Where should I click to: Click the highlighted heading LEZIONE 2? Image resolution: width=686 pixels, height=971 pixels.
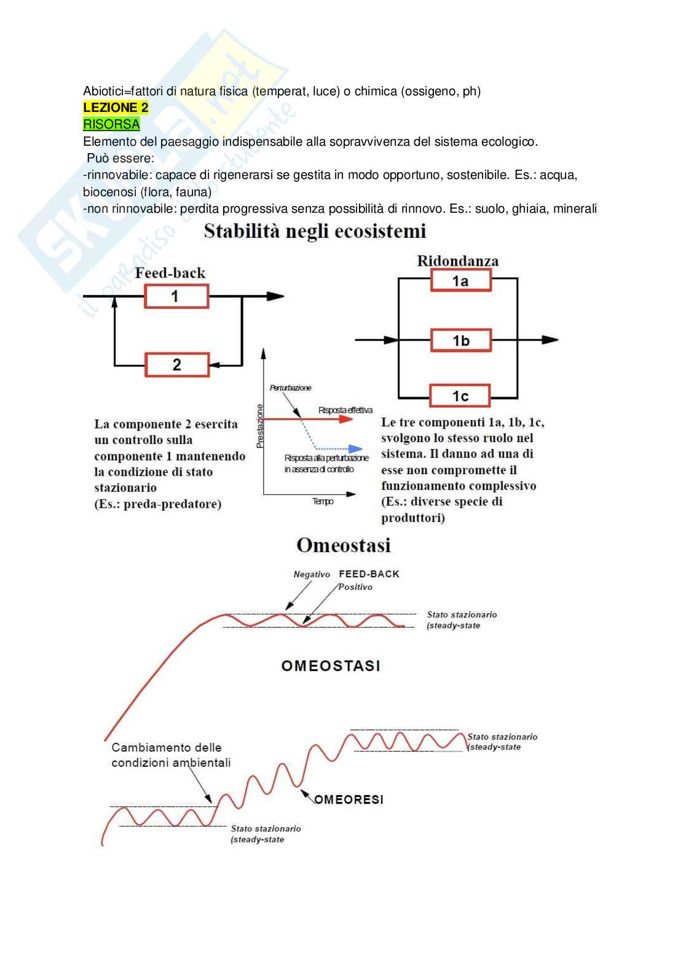tap(116, 108)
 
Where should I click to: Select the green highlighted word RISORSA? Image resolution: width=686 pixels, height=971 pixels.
tap(111, 124)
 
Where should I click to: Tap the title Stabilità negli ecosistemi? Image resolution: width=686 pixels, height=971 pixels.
tap(315, 232)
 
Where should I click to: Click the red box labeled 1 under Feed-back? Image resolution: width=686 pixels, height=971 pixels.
tap(176, 296)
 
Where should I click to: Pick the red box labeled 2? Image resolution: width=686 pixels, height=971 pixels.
tap(177, 365)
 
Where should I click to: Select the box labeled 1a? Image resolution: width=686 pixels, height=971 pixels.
tap(460, 281)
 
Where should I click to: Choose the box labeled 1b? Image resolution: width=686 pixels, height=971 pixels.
tap(460, 340)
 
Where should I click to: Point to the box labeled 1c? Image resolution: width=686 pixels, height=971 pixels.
tap(460, 396)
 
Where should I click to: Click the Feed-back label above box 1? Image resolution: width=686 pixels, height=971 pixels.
tap(170, 273)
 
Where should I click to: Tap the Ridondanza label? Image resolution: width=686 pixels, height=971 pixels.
tap(458, 261)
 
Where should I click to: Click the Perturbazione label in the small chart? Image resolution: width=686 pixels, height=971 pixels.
tap(290, 388)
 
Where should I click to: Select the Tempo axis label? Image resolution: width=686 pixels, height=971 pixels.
tap(323, 502)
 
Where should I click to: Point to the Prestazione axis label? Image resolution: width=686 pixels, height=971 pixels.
tap(260, 426)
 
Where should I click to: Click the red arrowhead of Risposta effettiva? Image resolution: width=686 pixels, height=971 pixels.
tap(347, 419)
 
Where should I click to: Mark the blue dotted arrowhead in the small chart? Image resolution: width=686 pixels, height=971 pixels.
tap(355, 449)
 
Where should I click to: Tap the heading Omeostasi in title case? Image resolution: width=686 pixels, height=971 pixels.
tap(344, 545)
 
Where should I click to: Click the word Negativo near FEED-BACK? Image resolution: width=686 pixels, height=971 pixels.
tap(312, 574)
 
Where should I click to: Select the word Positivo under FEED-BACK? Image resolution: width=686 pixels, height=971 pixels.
tap(355, 587)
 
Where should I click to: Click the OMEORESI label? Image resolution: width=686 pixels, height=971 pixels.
tap(349, 799)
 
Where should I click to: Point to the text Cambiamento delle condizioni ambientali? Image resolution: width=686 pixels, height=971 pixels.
tap(171, 755)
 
